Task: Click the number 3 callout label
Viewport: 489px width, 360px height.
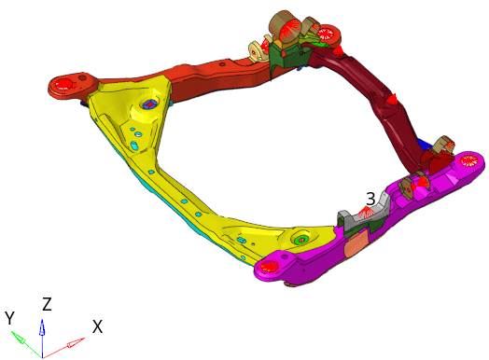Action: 370,199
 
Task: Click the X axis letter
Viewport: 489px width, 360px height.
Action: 98,327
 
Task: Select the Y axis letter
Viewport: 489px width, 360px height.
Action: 9,318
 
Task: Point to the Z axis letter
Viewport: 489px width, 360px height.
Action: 47,304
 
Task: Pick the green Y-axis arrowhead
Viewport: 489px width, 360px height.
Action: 18,337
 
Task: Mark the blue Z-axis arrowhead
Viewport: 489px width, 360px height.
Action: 42,327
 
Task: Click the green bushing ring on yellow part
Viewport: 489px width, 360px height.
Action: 300,240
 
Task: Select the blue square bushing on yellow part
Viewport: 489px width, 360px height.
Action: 149,105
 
